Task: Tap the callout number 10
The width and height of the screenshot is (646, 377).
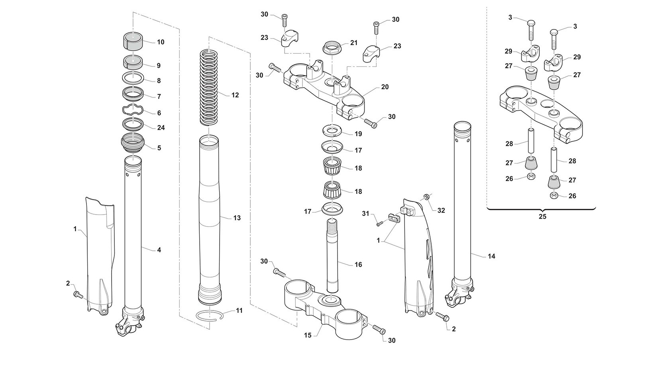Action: coord(160,42)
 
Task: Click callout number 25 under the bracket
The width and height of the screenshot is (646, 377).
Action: coord(542,217)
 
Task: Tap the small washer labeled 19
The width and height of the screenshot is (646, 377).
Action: coord(332,131)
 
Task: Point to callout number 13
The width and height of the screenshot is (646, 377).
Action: coord(237,218)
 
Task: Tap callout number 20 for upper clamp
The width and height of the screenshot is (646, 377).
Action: coord(385,87)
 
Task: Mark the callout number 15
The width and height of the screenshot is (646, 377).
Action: coord(308,335)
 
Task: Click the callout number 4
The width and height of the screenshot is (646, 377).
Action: coord(159,250)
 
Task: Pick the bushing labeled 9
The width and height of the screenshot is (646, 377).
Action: coord(132,62)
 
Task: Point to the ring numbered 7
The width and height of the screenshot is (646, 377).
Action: coord(132,94)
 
